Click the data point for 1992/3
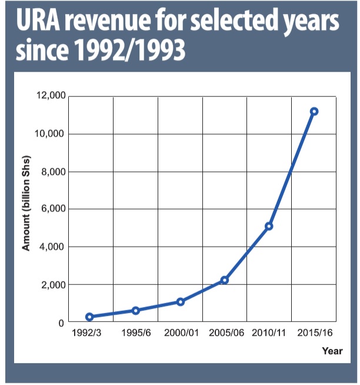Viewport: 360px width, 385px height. click(89, 317)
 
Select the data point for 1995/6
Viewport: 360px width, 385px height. click(135, 310)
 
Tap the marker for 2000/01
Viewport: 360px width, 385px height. click(180, 302)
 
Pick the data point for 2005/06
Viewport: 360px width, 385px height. click(224, 280)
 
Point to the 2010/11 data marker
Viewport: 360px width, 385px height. click(269, 226)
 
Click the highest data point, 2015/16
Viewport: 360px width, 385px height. click(314, 111)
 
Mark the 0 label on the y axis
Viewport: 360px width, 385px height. click(60, 323)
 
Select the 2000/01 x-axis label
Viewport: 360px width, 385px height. click(180, 333)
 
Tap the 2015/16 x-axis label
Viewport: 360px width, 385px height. click(315, 333)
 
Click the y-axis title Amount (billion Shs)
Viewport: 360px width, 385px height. click(26, 203)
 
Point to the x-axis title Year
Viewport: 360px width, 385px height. click(332, 351)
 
